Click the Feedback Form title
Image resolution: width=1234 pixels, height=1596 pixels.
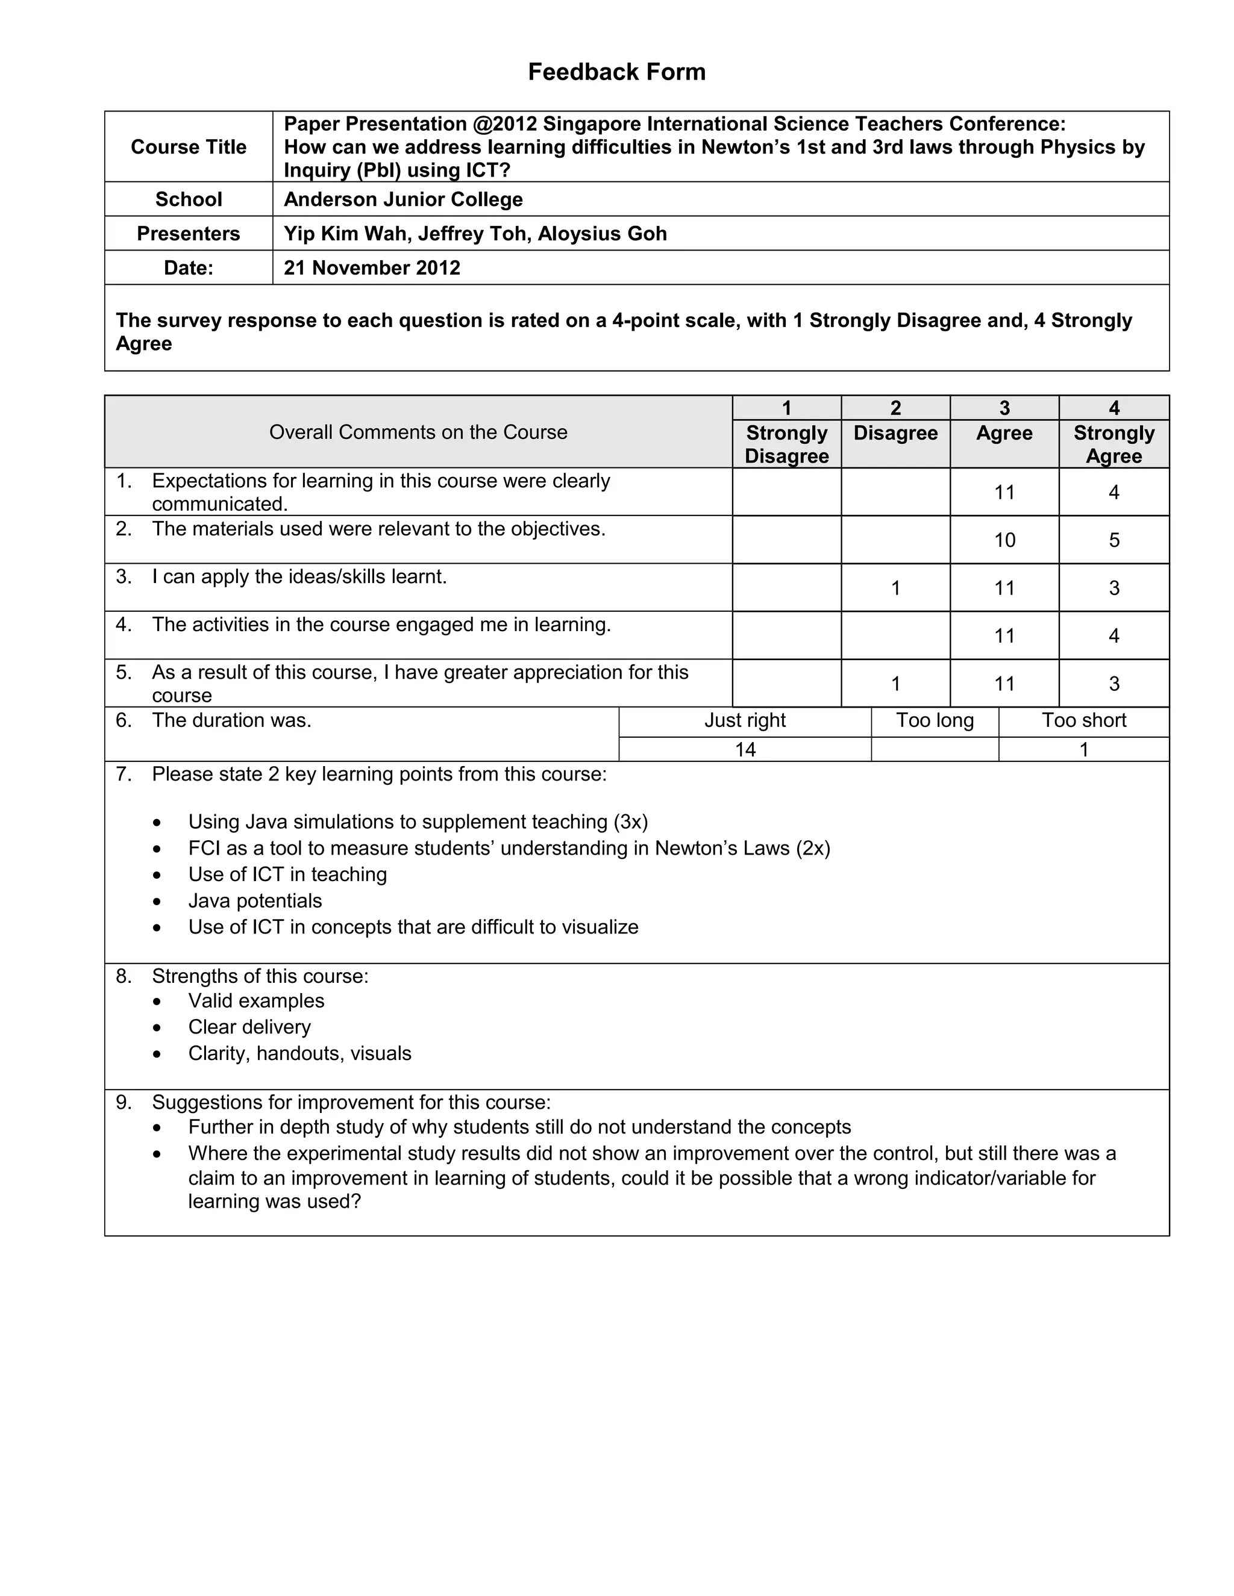click(616, 72)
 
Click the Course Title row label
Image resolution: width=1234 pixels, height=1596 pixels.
click(189, 147)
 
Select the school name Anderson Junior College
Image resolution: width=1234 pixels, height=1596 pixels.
click(403, 199)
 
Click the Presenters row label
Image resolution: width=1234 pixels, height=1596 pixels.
click(189, 234)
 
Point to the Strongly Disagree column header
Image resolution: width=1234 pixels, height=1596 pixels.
click(786, 444)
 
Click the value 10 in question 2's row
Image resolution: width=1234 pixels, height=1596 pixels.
click(1004, 540)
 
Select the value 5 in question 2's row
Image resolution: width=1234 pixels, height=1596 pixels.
click(1113, 540)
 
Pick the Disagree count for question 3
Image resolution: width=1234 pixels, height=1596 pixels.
click(895, 588)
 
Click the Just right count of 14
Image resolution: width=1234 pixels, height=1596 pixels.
click(745, 750)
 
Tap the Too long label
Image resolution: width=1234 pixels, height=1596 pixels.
click(935, 720)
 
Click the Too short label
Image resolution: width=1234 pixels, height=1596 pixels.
click(1083, 720)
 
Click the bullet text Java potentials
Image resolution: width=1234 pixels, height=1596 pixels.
click(255, 901)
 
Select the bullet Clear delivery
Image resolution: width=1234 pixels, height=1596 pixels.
click(249, 1027)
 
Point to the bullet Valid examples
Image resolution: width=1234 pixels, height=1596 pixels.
click(256, 1001)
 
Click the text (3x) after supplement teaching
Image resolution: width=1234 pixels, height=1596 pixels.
click(631, 822)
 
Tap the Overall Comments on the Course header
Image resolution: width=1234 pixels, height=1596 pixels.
click(418, 432)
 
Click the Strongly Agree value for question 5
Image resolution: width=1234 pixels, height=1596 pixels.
click(1113, 684)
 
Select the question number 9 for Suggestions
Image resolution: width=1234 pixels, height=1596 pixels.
click(124, 1102)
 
